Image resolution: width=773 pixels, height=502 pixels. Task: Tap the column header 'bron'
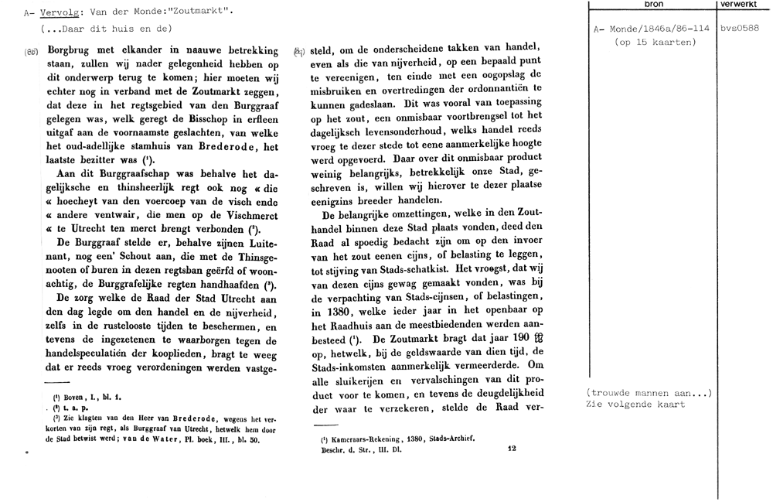point(652,4)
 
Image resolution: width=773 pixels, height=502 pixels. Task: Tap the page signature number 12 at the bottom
point(511,448)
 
